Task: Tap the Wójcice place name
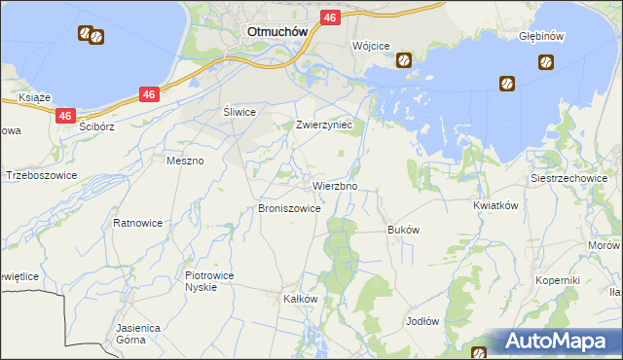pos(371,46)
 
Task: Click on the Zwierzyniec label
pos(330,126)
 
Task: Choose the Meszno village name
pos(185,161)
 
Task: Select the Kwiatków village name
pos(495,205)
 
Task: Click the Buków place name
pos(403,230)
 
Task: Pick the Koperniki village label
pos(558,280)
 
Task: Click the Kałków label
pos(301,299)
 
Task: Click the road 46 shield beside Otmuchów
pos(330,18)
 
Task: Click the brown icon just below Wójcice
pos(403,60)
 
